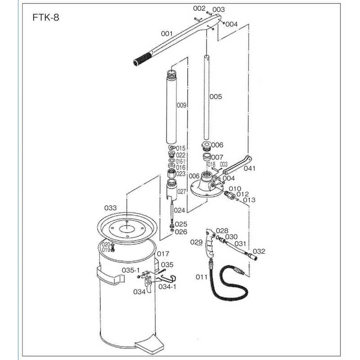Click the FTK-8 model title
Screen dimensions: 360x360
45,18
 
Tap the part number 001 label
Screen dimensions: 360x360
167,34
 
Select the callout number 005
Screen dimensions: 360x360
216,97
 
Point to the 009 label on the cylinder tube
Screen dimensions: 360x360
181,105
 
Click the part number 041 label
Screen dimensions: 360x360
249,169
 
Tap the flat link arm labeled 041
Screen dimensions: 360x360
236,167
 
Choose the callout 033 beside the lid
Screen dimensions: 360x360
110,208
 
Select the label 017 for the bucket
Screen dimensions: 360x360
163,253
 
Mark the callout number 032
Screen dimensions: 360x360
259,251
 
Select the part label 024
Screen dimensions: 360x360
180,210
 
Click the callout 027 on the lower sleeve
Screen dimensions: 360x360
181,191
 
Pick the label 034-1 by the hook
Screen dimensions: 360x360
168,287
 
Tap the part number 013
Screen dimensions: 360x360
249,200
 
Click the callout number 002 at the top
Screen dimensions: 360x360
199,9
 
